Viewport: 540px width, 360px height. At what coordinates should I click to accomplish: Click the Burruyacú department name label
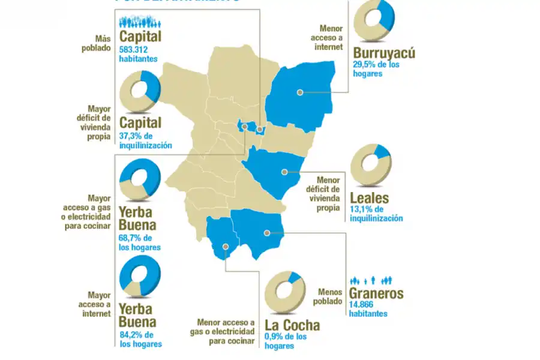pos(384,53)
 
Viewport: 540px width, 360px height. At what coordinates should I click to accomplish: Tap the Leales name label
pos(369,198)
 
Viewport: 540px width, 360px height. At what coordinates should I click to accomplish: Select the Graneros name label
pos(377,295)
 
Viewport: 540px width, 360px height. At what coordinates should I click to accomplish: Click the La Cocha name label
pos(292,326)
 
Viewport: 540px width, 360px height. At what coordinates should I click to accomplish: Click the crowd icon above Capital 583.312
pos(140,22)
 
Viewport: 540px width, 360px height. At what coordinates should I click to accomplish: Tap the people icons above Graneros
pos(371,280)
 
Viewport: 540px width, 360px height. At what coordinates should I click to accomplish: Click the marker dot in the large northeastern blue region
pos(299,92)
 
